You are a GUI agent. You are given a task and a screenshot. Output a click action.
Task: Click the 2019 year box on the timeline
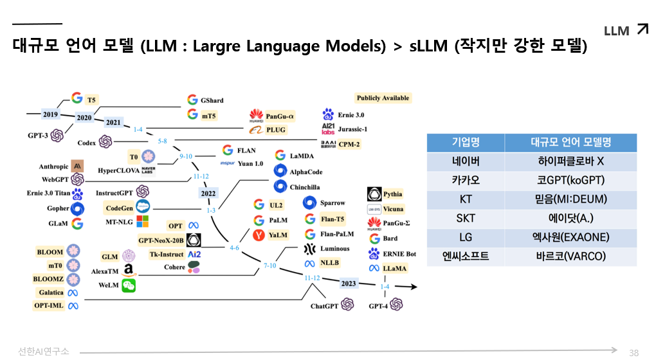click(50, 114)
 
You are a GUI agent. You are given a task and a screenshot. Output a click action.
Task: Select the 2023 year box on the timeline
click(348, 283)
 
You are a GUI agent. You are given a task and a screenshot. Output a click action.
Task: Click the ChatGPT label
click(324, 306)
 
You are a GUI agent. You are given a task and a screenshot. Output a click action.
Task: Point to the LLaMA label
click(394, 268)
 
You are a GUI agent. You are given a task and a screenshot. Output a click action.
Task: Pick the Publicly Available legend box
click(382, 98)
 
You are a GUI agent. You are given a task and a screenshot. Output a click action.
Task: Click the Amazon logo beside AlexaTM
click(129, 271)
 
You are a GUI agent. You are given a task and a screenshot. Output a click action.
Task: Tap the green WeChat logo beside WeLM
click(129, 285)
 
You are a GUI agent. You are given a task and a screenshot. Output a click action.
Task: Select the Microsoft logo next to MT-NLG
click(142, 221)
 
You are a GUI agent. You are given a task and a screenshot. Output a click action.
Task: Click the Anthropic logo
click(77, 166)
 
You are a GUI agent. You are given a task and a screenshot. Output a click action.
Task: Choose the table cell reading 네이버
click(466, 161)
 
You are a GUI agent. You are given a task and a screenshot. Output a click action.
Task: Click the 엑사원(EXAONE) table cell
click(570, 237)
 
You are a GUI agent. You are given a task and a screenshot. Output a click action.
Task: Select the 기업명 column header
click(466, 142)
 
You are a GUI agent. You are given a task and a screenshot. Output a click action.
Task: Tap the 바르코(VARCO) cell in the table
click(570, 256)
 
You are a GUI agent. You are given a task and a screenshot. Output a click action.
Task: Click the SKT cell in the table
click(466, 219)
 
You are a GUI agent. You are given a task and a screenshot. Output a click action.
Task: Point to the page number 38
click(633, 352)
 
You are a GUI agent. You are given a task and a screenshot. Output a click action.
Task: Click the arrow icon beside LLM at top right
click(642, 28)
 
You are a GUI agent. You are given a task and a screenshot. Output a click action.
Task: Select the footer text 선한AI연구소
click(44, 351)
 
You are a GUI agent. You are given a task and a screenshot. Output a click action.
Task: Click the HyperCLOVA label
click(119, 170)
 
